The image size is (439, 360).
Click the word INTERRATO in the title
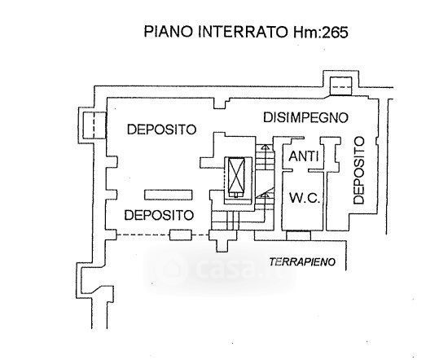pyautogui.click(x=243, y=31)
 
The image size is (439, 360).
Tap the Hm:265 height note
pyautogui.click(x=321, y=32)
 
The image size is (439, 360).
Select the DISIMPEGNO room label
pyautogui.click(x=305, y=117)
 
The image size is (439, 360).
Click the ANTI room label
pyautogui.click(x=304, y=156)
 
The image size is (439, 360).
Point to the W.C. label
pyautogui.click(x=304, y=198)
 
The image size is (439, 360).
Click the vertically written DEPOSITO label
pyautogui.click(x=358, y=170)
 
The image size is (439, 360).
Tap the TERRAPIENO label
pyautogui.click(x=302, y=262)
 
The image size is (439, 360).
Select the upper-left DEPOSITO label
pyautogui.click(x=161, y=130)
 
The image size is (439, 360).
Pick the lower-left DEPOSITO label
pyautogui.click(x=159, y=215)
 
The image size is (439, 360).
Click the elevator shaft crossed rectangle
pyautogui.click(x=236, y=178)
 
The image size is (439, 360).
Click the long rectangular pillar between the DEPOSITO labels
pyautogui.click(x=169, y=195)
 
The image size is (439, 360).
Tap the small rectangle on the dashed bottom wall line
pyautogui.click(x=181, y=235)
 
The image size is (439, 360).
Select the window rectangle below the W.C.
pyautogui.click(x=298, y=235)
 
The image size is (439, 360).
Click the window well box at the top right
pyautogui.click(x=340, y=86)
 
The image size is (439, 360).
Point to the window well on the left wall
pyautogui.click(x=94, y=125)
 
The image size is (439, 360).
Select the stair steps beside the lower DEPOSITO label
pyautogui.click(x=225, y=219)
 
